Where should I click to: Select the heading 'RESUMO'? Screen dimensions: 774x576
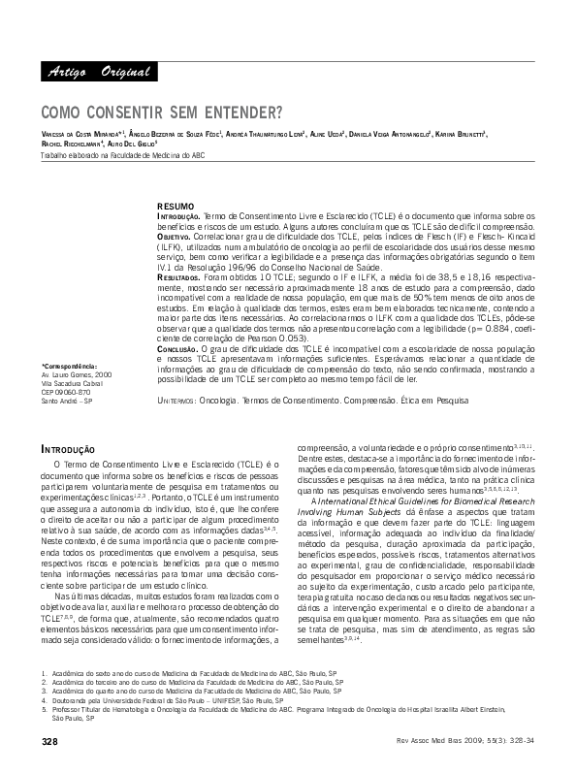[176, 207]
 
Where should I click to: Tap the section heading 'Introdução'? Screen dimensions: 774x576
[67, 449]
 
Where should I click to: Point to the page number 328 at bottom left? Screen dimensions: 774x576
[50, 741]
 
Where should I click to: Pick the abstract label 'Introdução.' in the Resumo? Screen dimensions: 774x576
[179, 216]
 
